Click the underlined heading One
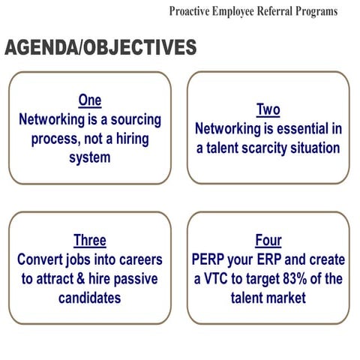coord(89,100)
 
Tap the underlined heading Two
coord(268,110)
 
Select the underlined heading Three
coord(89,241)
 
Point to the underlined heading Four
coord(268,241)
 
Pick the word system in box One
coord(89,158)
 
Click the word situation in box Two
coord(313,148)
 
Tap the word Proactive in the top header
coord(190,11)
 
